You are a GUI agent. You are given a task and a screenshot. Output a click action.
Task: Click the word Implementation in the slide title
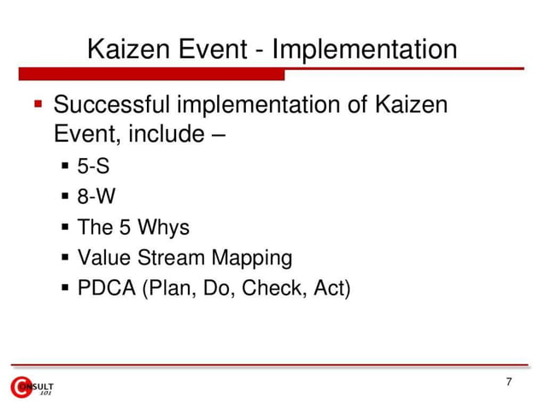point(366,50)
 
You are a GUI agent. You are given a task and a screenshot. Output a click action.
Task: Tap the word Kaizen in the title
point(130,50)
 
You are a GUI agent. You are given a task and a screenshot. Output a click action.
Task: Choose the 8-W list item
point(96,198)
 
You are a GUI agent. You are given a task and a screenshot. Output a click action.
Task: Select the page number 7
point(509,382)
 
